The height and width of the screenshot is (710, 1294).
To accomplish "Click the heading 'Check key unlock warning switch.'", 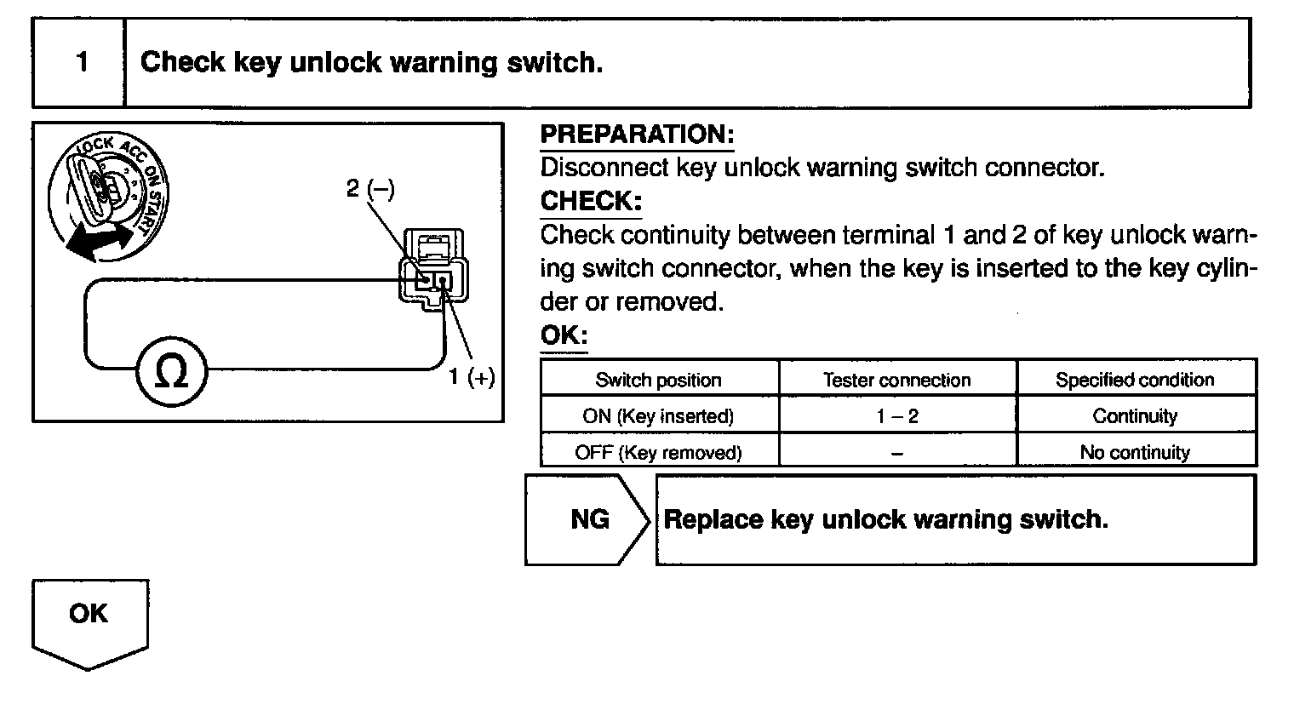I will (371, 63).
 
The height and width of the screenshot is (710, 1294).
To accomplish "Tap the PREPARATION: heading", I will (637, 135).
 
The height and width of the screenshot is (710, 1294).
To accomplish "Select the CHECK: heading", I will (591, 202).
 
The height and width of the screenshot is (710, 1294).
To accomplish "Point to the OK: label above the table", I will (564, 335).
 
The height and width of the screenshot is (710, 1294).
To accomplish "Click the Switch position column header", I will (658, 380).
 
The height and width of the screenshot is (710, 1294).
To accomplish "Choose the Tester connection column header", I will (896, 380).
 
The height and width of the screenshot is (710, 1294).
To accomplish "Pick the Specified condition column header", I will (1135, 380).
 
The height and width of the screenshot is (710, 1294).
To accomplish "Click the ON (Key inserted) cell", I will (658, 416).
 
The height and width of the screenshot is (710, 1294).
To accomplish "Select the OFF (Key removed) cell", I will (658, 452).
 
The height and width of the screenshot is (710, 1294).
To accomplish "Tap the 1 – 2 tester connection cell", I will (896, 416).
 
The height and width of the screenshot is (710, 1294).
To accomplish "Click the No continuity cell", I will (1135, 452).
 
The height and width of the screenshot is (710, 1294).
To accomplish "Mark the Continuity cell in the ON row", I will (1135, 416).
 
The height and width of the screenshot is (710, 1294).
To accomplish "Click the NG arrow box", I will (587, 519).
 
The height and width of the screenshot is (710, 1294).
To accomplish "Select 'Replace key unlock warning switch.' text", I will (885, 519).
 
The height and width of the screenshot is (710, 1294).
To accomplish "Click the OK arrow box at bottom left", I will (89, 616).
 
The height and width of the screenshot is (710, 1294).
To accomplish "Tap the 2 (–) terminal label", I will (370, 188).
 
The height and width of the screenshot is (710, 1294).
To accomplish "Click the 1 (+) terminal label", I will (472, 377).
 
